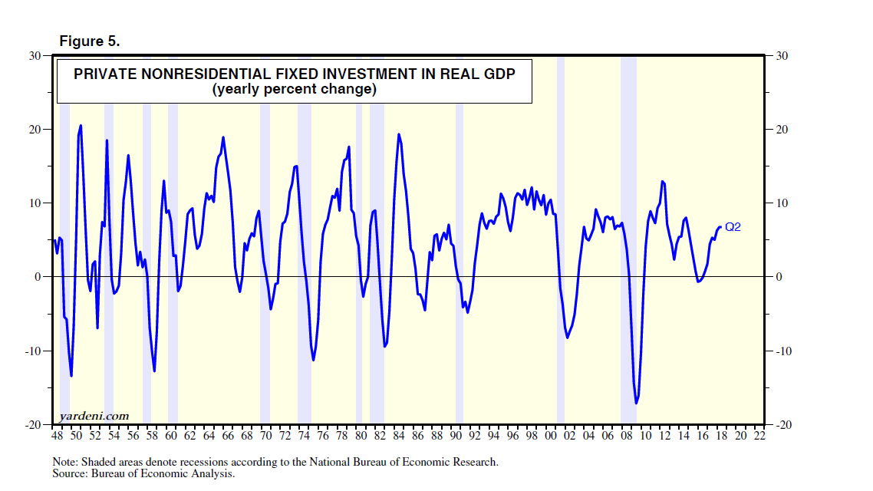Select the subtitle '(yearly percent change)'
[x=295, y=90]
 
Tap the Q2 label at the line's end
[x=733, y=227]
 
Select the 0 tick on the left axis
[x=42, y=277]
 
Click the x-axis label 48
[x=57, y=436]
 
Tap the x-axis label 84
[x=399, y=436]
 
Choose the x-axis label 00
[x=551, y=436]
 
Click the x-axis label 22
[x=759, y=436]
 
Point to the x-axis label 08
[x=627, y=436]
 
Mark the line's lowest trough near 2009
[x=637, y=403]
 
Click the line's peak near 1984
[x=399, y=134]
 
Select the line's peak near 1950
[x=81, y=125]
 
